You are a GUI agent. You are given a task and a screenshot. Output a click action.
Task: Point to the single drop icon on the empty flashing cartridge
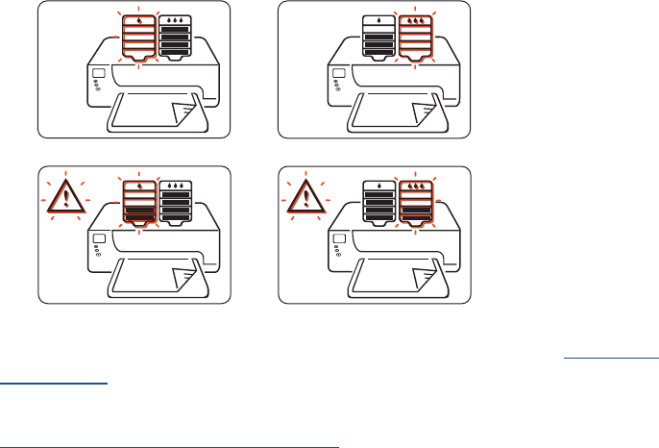coord(140,19)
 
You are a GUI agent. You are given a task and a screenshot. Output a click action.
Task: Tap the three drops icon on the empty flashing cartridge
coord(416,19)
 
